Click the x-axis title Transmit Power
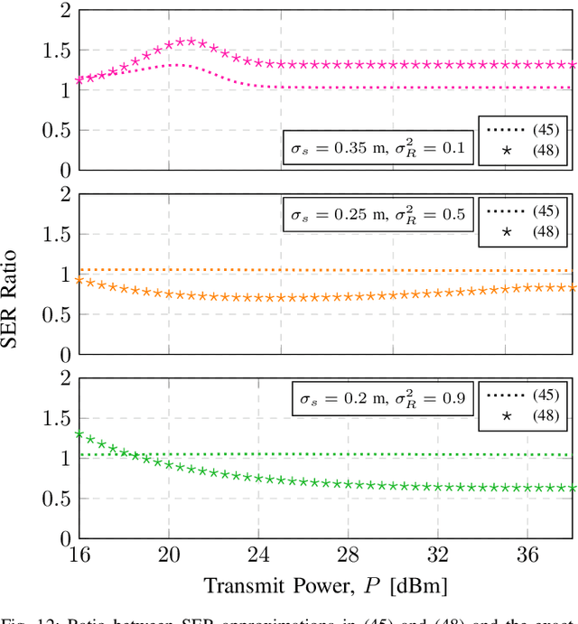coord(325,585)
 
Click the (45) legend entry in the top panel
coord(523,129)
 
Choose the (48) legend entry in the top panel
coord(523,151)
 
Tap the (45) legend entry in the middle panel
coord(523,210)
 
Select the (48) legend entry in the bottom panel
coord(523,415)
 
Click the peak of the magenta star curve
coord(190,41)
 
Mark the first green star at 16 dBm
coord(79,434)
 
